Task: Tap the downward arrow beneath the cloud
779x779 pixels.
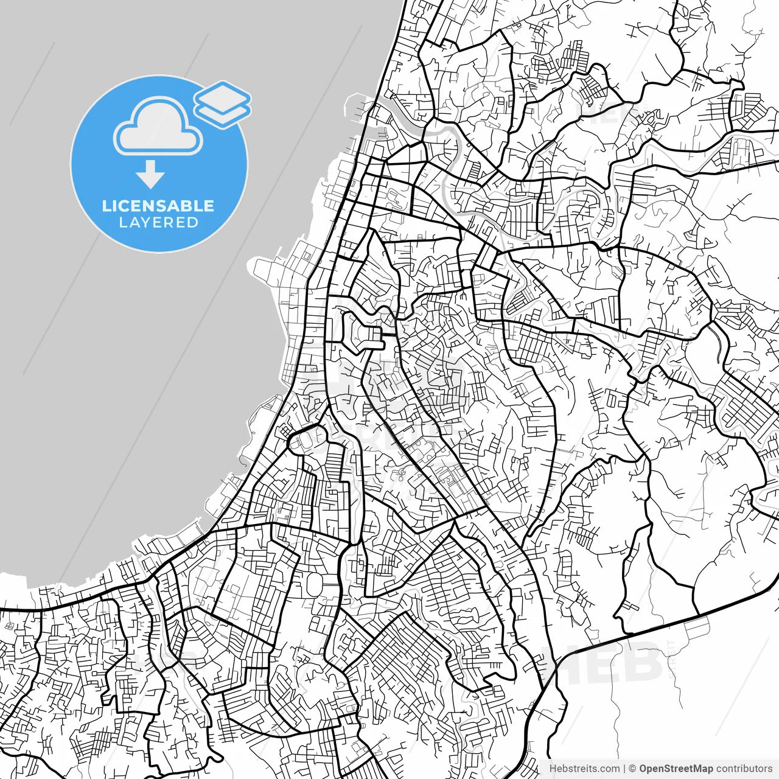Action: tap(150, 175)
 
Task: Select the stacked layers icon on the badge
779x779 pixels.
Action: tap(222, 104)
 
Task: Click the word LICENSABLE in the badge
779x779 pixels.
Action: tap(158, 206)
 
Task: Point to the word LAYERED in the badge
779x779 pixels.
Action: tap(158, 223)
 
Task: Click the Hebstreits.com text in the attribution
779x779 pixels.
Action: tap(584, 769)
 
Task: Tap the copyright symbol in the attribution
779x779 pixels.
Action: tap(632, 769)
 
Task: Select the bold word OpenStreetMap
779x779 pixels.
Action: tap(676, 769)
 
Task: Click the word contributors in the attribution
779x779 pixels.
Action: tap(743, 769)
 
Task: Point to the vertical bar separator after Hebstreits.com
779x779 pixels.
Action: tap(624, 769)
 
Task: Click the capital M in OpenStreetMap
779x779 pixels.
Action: tap(695, 769)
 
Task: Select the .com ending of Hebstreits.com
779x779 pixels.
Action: tap(610, 769)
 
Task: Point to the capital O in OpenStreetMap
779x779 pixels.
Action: tap(643, 769)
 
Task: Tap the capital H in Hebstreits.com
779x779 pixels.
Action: tap(553, 769)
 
